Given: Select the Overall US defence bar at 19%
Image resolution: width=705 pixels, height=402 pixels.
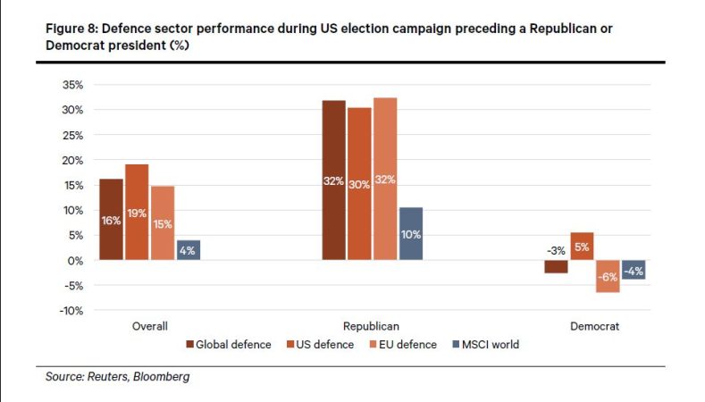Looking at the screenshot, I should [137, 213].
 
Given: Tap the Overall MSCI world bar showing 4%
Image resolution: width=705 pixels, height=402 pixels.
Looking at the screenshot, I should [188, 250].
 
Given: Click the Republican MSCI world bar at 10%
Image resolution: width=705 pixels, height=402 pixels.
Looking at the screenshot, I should [411, 233].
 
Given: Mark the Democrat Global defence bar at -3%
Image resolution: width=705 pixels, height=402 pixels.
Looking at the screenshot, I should [556, 266].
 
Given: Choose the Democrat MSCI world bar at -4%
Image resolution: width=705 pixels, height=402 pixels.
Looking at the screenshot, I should [634, 270].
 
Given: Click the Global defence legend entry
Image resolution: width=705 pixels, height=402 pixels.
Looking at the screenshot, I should [228, 345].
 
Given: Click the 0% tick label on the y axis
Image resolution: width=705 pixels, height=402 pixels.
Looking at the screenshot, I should [76, 261].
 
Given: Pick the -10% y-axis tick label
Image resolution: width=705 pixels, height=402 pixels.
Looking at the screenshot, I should [71, 311].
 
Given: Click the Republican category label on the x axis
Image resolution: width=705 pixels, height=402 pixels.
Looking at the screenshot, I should [371, 327].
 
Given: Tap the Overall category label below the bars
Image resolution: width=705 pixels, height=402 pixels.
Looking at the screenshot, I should [149, 327].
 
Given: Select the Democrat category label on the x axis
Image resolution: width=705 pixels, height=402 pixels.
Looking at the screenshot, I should [594, 327].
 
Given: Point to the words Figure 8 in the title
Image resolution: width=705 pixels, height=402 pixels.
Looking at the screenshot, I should [71, 29].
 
